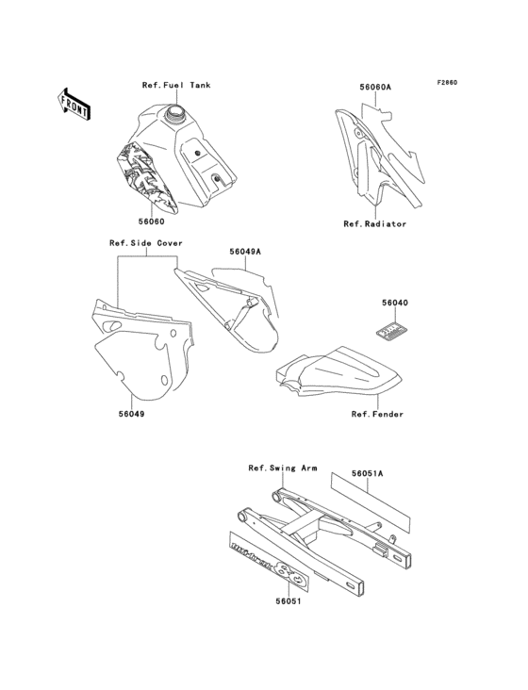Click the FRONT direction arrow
tap(74, 103)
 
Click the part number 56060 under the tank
tap(151, 222)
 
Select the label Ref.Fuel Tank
tap(176, 86)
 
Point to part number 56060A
tap(375, 87)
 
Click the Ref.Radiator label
tap(374, 224)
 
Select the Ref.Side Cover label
tap(146, 243)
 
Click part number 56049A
tap(245, 252)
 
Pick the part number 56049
tap(132, 413)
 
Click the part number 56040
tap(395, 304)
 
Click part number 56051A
tap(367, 474)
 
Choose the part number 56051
tap(288, 600)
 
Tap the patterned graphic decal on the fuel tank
tap(143, 179)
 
